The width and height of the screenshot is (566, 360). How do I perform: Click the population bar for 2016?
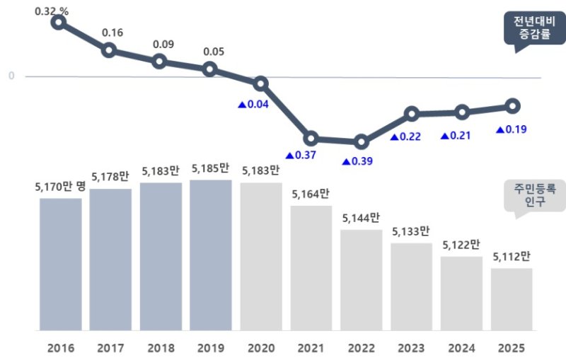click(x=61, y=264)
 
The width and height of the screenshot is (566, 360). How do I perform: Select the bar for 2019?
click(x=211, y=255)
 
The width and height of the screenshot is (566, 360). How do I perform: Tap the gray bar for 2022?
click(x=361, y=279)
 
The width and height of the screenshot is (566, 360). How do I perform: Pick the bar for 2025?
click(x=511, y=298)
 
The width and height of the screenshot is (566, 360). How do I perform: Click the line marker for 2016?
click(x=59, y=22)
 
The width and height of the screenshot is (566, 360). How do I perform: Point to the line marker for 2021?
click(x=311, y=138)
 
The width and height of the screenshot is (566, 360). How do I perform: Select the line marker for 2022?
click(x=361, y=141)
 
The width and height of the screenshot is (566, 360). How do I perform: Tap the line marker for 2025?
click(x=512, y=106)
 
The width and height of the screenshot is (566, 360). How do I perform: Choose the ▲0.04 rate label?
click(x=253, y=104)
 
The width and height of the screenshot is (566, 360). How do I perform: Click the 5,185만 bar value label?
click(x=210, y=169)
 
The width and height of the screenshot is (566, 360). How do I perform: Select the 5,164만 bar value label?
click(x=311, y=194)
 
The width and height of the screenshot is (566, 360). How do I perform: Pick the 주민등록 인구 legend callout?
click(x=534, y=195)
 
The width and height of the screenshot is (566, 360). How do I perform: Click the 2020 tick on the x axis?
click(x=260, y=348)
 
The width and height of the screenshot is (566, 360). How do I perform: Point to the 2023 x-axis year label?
click(x=411, y=348)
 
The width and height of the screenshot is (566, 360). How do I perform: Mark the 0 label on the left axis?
click(x=11, y=76)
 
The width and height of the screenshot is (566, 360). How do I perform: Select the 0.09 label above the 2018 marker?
click(x=163, y=45)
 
